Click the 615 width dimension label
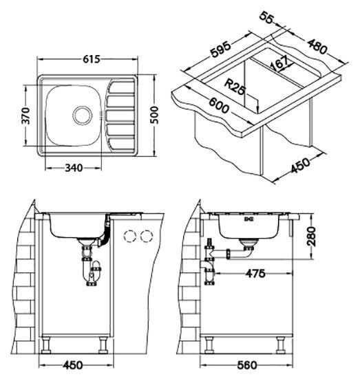click(92, 59)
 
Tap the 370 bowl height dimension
click(25, 116)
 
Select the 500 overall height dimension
click(153, 115)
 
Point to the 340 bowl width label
click(74, 168)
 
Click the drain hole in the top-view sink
click(83, 116)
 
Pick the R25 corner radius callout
click(234, 87)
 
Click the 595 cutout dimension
click(220, 50)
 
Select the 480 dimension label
click(317, 46)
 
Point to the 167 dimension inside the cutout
click(279, 63)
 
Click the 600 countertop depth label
click(219, 105)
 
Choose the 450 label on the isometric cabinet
click(301, 166)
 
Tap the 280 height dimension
click(312, 237)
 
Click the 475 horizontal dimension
click(255, 274)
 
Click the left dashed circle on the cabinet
click(129, 236)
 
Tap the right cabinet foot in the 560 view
click(280, 345)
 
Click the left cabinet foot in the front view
click(46, 345)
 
